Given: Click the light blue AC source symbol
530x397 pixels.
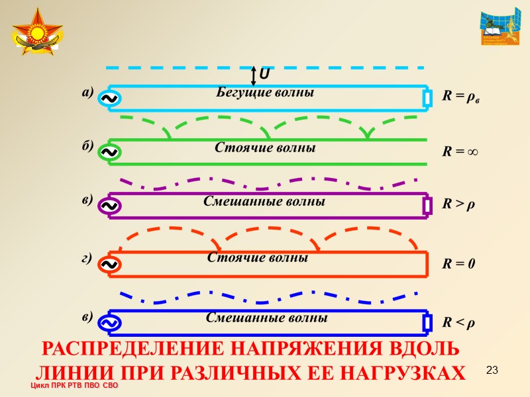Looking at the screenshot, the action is click(x=108, y=99).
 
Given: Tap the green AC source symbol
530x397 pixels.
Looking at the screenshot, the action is click(x=108, y=152).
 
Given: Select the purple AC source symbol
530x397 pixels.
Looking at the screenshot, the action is click(x=108, y=206).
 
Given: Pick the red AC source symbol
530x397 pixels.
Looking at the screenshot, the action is click(x=108, y=264).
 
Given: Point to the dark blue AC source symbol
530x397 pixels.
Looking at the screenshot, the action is click(x=108, y=322).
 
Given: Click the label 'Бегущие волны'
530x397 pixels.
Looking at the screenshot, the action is click(x=265, y=93).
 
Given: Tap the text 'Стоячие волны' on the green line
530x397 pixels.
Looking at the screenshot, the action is click(x=265, y=148).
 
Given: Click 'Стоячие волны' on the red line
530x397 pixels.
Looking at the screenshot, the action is click(x=258, y=257).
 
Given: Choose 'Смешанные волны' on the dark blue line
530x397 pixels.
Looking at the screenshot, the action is click(x=266, y=318).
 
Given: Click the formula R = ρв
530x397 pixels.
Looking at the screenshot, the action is click(x=461, y=97).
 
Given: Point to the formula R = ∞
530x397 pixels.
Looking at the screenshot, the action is click(x=460, y=152).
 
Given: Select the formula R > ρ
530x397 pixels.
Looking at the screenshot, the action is click(x=458, y=206).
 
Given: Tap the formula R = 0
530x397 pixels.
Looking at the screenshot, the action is click(x=458, y=263).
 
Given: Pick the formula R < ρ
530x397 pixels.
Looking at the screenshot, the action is click(x=458, y=323).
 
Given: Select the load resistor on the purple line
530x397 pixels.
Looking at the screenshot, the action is click(x=427, y=206).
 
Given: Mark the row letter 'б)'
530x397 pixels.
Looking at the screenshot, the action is click(x=88, y=146).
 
